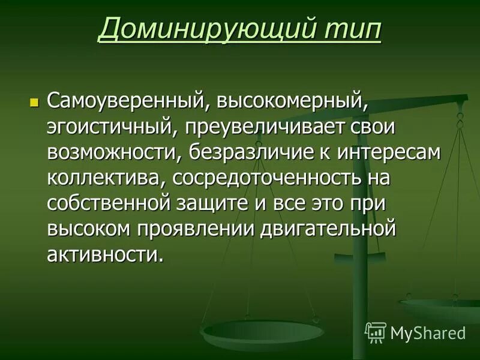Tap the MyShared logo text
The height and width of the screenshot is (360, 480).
coord(428,332)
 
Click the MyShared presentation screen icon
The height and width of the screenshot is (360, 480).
coord(375,332)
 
